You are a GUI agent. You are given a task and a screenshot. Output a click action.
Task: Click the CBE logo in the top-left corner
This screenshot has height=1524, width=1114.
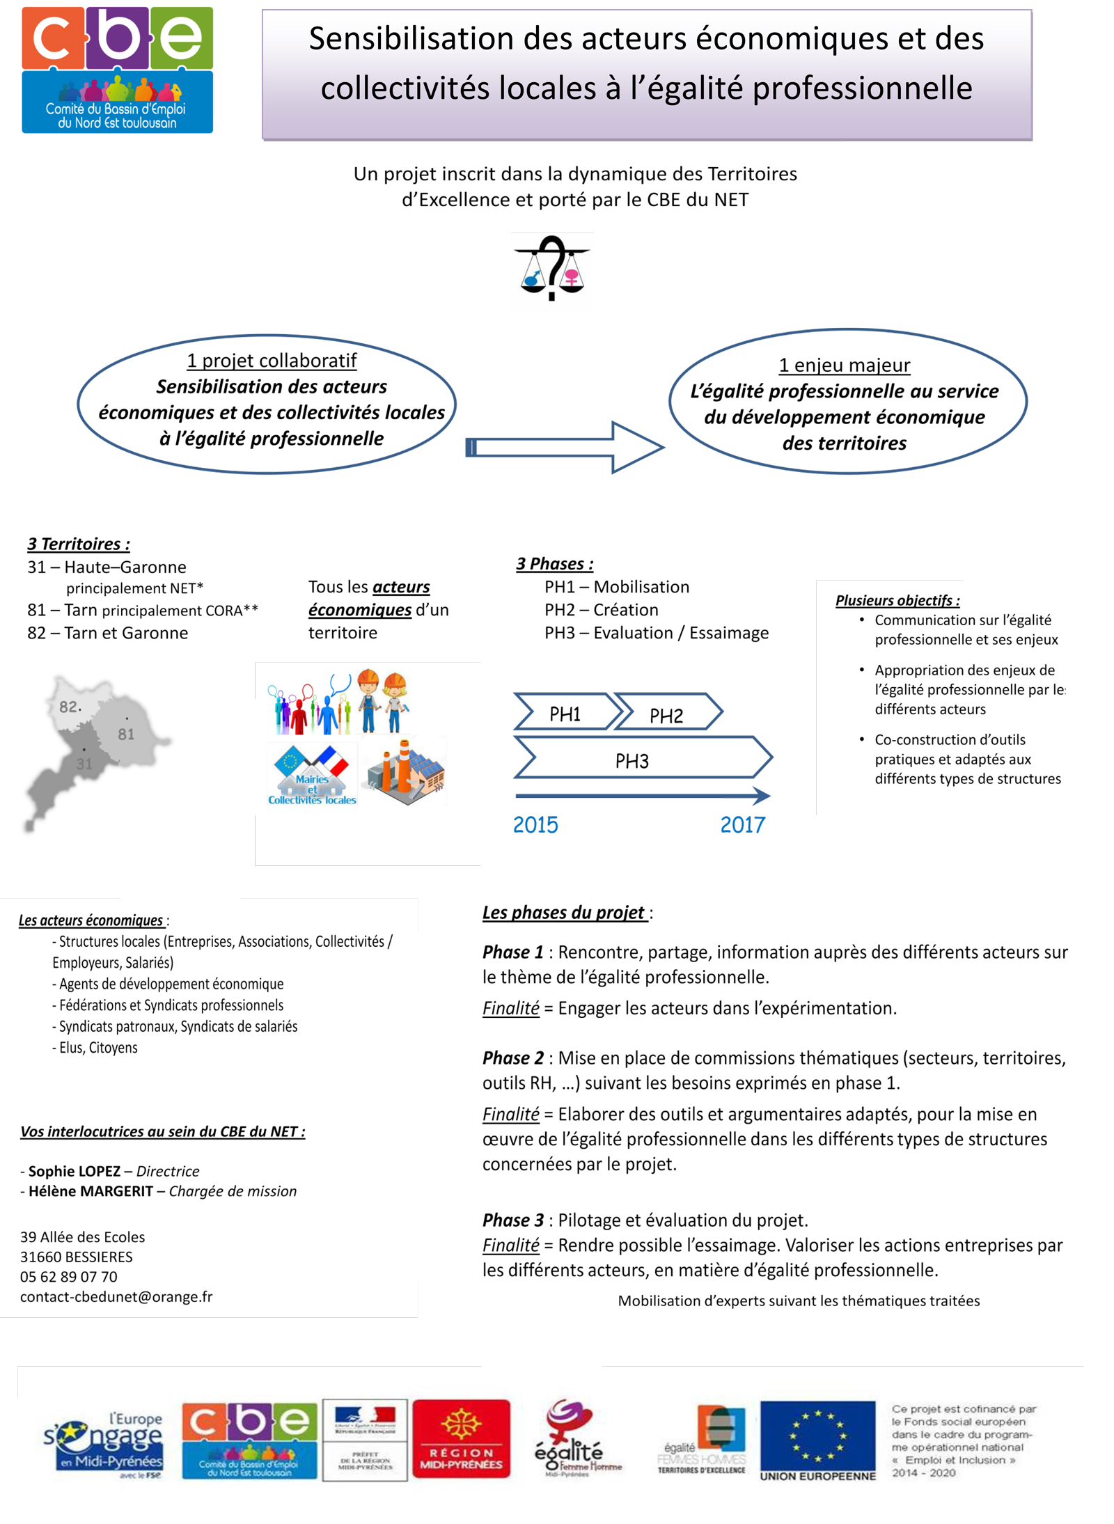pyautogui.click(x=117, y=70)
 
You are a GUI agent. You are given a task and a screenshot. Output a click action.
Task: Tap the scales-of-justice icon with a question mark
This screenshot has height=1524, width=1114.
pyautogui.click(x=551, y=269)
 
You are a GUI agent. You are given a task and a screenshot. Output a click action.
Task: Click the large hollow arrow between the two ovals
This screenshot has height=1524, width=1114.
pyautogui.click(x=564, y=447)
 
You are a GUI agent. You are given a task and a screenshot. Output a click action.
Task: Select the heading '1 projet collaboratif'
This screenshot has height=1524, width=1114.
pyautogui.click(x=271, y=361)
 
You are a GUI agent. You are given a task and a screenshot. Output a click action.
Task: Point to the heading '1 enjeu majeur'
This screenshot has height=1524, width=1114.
pyautogui.click(x=844, y=365)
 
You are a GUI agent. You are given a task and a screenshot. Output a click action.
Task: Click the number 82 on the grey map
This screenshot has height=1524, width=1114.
pyautogui.click(x=69, y=707)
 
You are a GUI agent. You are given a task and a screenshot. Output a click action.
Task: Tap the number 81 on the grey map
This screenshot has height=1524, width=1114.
pyautogui.click(x=126, y=734)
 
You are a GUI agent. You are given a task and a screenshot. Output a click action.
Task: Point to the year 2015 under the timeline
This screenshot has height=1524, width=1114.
pyautogui.click(x=535, y=825)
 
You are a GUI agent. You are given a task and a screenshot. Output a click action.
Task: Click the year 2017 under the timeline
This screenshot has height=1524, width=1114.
pyautogui.click(x=742, y=825)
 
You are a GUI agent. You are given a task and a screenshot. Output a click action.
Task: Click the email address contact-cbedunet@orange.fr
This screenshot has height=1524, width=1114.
pyautogui.click(x=116, y=1297)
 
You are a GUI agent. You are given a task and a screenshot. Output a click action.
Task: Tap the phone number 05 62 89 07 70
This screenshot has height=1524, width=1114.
pyautogui.click(x=69, y=1277)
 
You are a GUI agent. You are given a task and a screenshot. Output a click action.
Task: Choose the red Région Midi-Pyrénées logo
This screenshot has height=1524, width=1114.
pyautogui.click(x=461, y=1439)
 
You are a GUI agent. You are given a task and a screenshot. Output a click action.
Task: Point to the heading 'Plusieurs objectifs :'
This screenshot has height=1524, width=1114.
pyautogui.click(x=897, y=600)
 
